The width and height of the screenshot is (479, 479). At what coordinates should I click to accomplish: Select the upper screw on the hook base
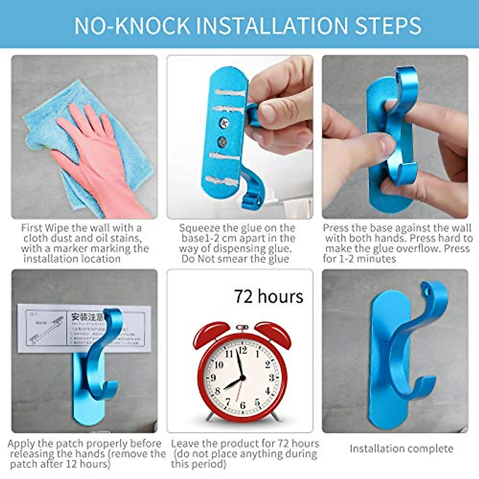224,123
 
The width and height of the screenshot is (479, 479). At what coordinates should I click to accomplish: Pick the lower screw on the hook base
222,141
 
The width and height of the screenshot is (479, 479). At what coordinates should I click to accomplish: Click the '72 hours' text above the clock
268,297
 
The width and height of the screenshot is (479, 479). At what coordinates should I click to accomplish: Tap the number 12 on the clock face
242,350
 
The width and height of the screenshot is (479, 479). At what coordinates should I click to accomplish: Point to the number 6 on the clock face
242,406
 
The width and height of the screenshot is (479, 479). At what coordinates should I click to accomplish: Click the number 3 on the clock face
271,378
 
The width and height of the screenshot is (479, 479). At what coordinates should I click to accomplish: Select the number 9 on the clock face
213,378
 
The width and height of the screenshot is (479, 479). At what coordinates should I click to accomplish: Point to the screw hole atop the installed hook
429,286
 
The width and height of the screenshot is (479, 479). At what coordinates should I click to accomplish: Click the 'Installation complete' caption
401,449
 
